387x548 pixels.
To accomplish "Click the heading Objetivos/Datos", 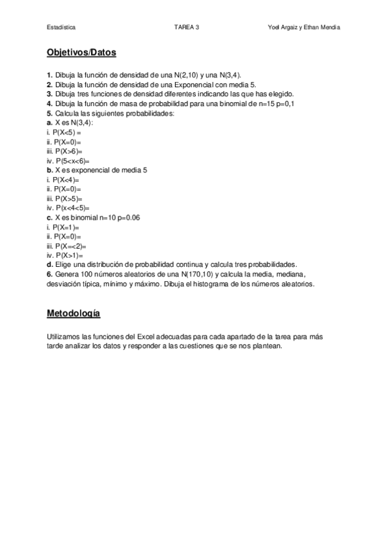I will coord(81,53).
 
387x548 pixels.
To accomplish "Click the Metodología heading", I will coord(73,313).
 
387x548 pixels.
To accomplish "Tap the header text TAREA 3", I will coord(187,27).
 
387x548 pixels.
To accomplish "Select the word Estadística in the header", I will coord(61,27).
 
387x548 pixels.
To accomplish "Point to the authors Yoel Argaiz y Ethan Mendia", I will coord(303,27).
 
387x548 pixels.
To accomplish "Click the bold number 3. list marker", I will coord(49,94).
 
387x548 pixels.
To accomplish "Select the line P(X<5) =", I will coord(67,132).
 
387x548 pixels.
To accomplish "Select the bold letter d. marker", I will coord(49,264).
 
